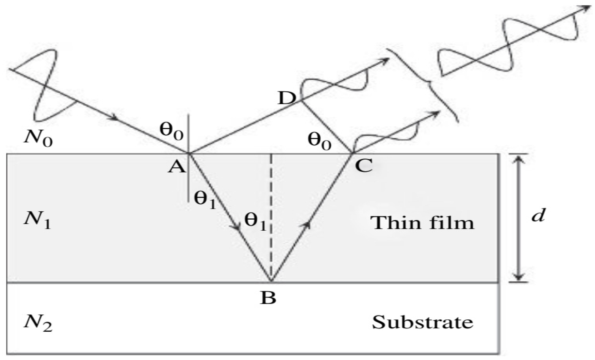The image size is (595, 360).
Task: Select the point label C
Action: coord(364,166)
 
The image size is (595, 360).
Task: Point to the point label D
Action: coord(286,98)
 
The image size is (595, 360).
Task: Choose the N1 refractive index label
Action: coord(37,221)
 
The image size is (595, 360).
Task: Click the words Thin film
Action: coord(424,222)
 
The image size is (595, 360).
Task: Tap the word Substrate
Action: coord(423,322)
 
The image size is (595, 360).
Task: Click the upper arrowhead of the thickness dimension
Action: coord(518,160)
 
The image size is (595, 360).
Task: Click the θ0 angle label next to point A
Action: coord(171,133)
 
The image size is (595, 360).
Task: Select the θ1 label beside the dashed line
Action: coord(254,222)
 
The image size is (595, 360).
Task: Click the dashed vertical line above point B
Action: coord(271,215)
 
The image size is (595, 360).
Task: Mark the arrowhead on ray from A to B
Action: coord(237,228)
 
